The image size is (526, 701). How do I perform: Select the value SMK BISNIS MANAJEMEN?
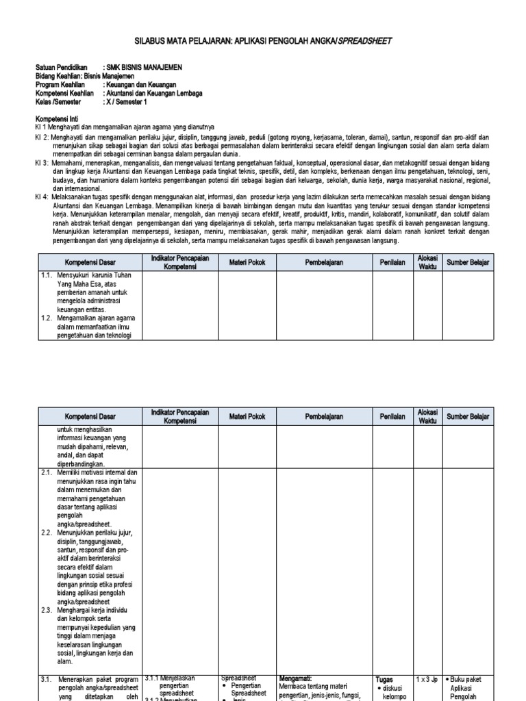pos(145,67)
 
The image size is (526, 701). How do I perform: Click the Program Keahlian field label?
pos(60,85)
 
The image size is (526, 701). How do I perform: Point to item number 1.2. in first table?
pos(47,318)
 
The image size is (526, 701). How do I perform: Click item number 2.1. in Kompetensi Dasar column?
pos(47,472)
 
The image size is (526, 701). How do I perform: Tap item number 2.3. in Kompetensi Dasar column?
pos(47,609)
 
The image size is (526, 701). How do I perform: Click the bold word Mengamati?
pos(296,678)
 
